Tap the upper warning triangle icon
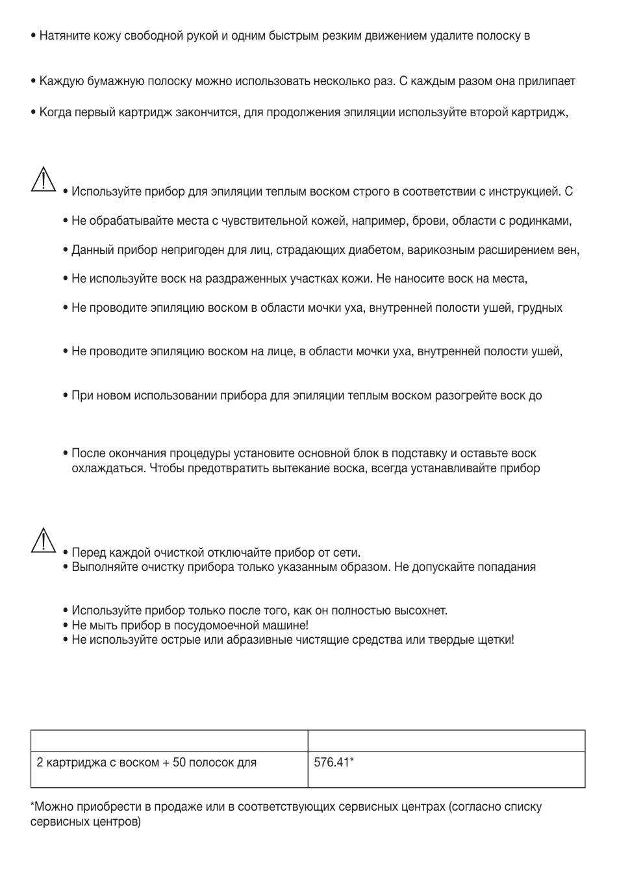pos(43,179)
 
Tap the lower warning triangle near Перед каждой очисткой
pos(43,540)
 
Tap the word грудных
pos(540,308)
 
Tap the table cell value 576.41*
pos(333,762)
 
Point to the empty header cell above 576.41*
pos(446,741)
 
